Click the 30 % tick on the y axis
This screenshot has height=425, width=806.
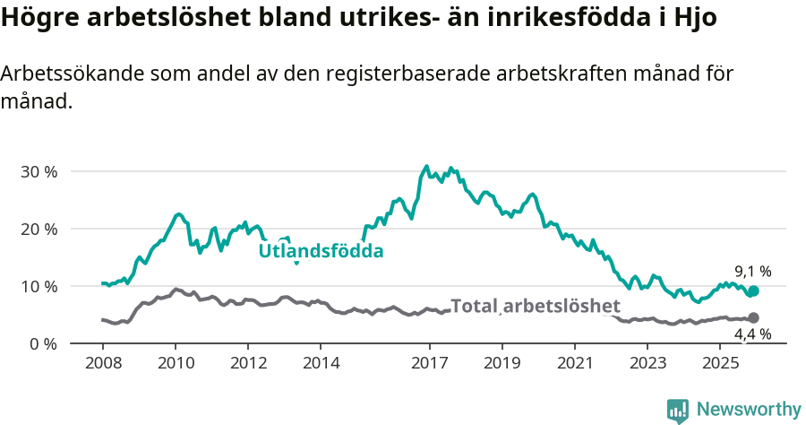click(39, 171)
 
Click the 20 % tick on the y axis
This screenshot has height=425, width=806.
click(39, 229)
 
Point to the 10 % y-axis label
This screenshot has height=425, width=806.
click(39, 286)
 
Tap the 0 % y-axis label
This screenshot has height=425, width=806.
click(43, 343)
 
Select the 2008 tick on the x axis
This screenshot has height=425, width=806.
click(102, 363)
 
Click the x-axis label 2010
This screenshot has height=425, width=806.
click(175, 363)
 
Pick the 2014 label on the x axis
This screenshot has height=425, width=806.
click(321, 363)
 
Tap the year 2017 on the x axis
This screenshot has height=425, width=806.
click(430, 363)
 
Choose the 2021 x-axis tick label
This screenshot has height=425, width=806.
click(576, 363)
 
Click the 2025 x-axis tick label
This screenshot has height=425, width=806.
click(721, 363)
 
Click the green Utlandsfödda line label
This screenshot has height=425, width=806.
click(321, 251)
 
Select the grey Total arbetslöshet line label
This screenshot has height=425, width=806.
click(536, 306)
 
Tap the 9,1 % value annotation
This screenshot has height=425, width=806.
click(752, 271)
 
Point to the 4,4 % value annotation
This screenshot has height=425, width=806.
click(752, 334)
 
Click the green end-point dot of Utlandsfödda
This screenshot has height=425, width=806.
click(753, 291)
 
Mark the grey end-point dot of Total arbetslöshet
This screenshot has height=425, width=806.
click(753, 317)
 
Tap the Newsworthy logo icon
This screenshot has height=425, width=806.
click(678, 410)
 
